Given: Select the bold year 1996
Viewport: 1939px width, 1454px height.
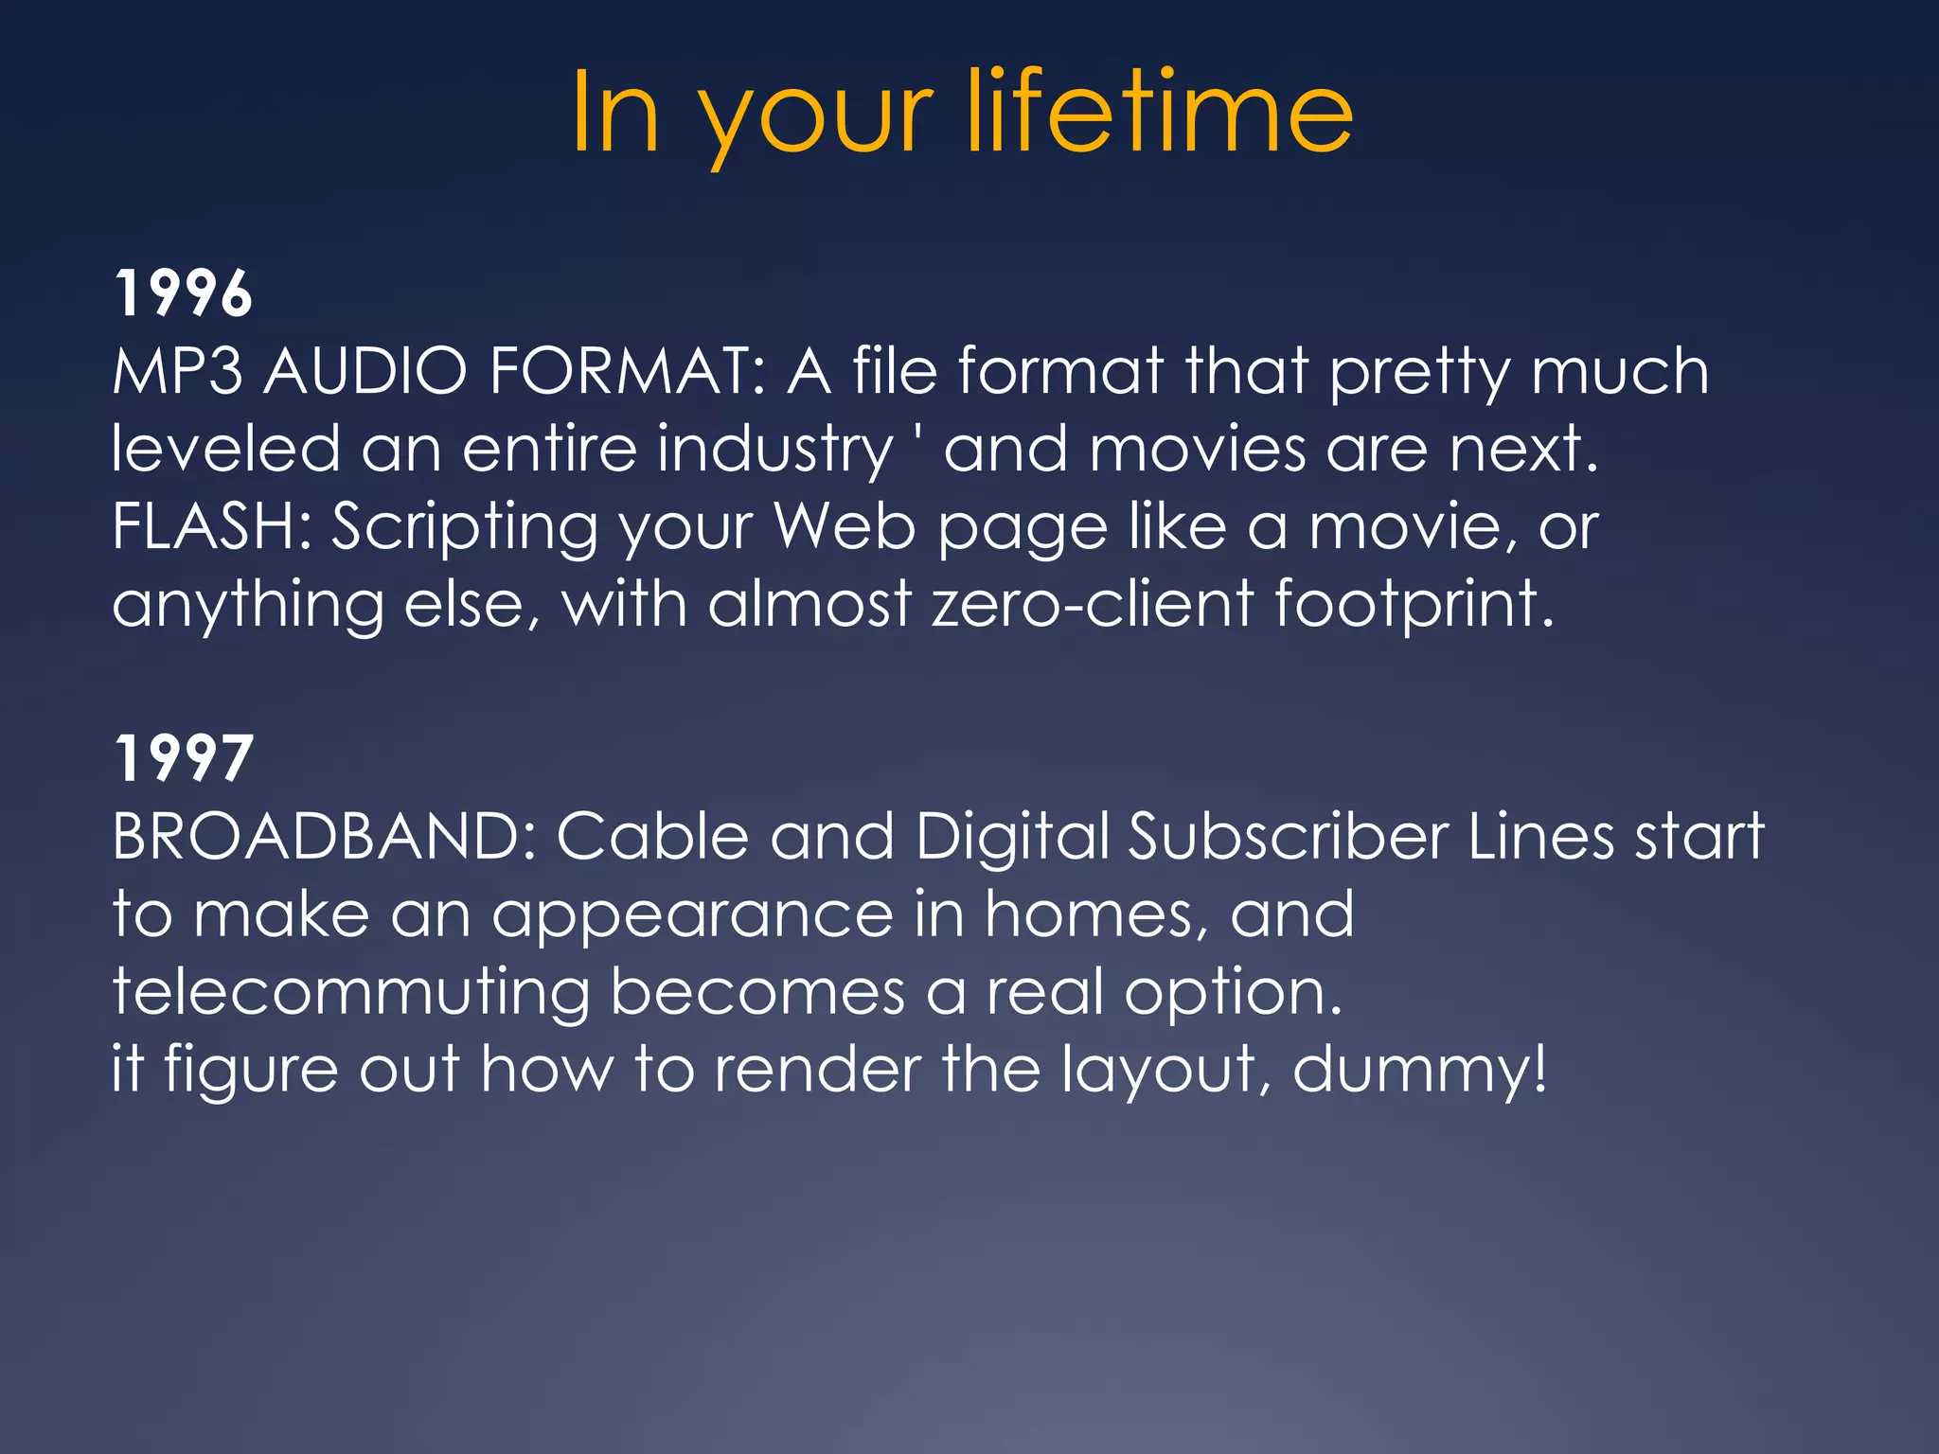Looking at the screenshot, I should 183,293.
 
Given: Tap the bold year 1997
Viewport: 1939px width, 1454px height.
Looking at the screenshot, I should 183,758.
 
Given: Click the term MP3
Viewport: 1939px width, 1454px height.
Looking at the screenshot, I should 177,370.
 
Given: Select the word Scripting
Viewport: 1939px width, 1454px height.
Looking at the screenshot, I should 464,528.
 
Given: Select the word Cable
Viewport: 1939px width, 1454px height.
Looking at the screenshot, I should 652,837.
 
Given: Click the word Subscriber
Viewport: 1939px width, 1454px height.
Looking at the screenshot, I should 1289,837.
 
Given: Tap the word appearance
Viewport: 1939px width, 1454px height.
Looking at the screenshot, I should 692,916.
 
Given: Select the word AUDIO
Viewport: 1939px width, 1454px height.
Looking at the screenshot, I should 365,370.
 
